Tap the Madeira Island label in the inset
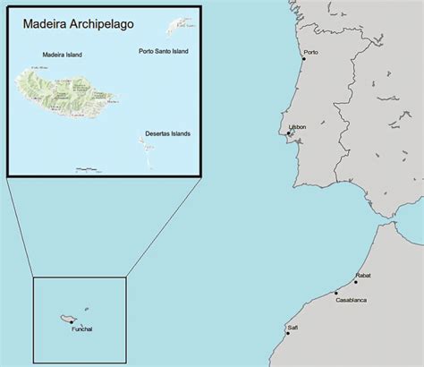click(62, 55)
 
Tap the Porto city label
click(311, 52)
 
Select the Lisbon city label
click(297, 127)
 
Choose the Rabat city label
click(363, 275)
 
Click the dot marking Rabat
click(356, 282)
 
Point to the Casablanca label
click(351, 300)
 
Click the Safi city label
click(293, 328)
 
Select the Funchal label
click(81, 329)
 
